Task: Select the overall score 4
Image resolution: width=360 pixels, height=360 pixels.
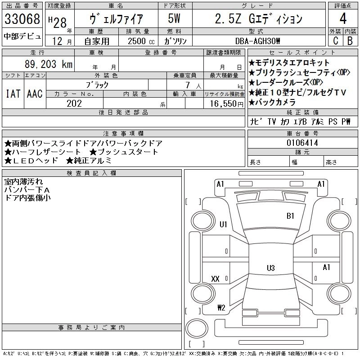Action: click(x=343, y=19)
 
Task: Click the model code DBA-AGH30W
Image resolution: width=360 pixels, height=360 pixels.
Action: click(x=258, y=40)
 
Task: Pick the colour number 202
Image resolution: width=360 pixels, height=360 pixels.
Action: click(x=75, y=103)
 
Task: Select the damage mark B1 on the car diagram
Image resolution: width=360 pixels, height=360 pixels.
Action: click(x=290, y=216)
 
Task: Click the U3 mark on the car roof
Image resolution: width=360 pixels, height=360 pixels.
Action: click(x=270, y=268)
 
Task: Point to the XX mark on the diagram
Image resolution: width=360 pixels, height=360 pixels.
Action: click(x=216, y=279)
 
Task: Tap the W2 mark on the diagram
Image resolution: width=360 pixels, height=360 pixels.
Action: click(x=221, y=308)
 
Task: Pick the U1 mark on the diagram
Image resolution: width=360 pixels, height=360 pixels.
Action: click(x=223, y=225)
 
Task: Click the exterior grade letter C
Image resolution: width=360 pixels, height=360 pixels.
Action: click(x=335, y=40)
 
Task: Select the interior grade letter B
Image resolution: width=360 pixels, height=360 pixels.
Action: click(x=350, y=40)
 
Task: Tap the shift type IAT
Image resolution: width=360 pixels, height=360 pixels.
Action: click(x=13, y=94)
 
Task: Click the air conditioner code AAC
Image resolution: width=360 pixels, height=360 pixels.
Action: click(x=35, y=94)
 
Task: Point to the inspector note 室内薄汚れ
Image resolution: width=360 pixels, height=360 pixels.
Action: click(x=23, y=182)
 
